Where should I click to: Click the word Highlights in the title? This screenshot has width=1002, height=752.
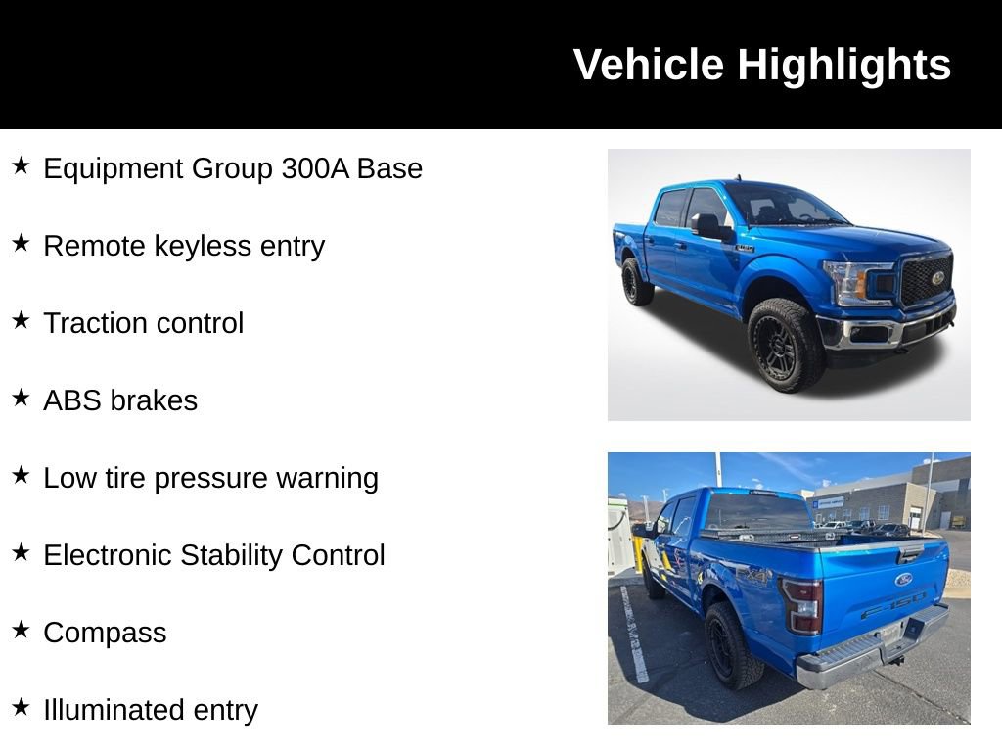[843, 66]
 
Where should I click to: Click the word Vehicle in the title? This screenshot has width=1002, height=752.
[649, 66]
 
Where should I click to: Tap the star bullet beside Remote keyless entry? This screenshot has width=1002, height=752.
[21, 243]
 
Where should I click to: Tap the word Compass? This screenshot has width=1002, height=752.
[105, 634]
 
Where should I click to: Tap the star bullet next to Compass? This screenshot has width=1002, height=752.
[21, 630]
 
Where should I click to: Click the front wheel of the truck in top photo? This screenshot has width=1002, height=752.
[785, 346]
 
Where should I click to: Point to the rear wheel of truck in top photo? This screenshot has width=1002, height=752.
[635, 282]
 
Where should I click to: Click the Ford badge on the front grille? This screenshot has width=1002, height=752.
[936, 277]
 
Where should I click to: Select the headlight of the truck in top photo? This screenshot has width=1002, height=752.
[858, 283]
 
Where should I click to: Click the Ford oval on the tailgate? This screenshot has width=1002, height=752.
[903, 579]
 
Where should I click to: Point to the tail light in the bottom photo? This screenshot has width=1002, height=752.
[802, 605]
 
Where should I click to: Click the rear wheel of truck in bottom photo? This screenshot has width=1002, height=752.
[732, 645]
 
